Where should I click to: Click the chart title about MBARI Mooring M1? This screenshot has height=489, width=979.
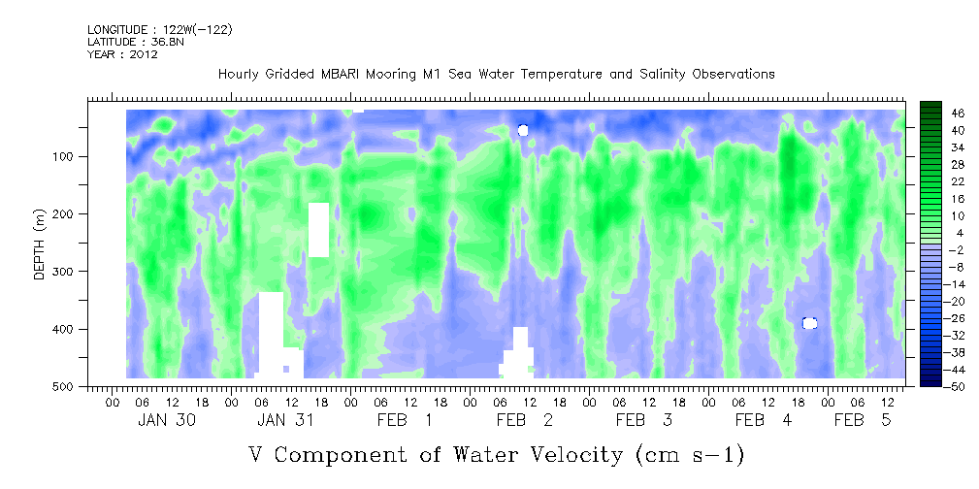tap(496, 74)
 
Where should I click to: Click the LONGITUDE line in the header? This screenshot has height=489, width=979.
tap(160, 30)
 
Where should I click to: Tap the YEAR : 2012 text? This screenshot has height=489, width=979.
tap(122, 54)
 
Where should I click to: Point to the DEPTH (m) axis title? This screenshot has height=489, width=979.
tap(39, 249)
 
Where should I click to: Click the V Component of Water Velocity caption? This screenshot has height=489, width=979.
tap(496, 454)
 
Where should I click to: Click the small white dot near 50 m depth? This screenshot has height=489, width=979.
tap(523, 130)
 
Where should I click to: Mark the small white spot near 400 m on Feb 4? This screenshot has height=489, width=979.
tap(809, 323)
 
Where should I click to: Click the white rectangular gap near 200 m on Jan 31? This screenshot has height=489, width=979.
tap(318, 229)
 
